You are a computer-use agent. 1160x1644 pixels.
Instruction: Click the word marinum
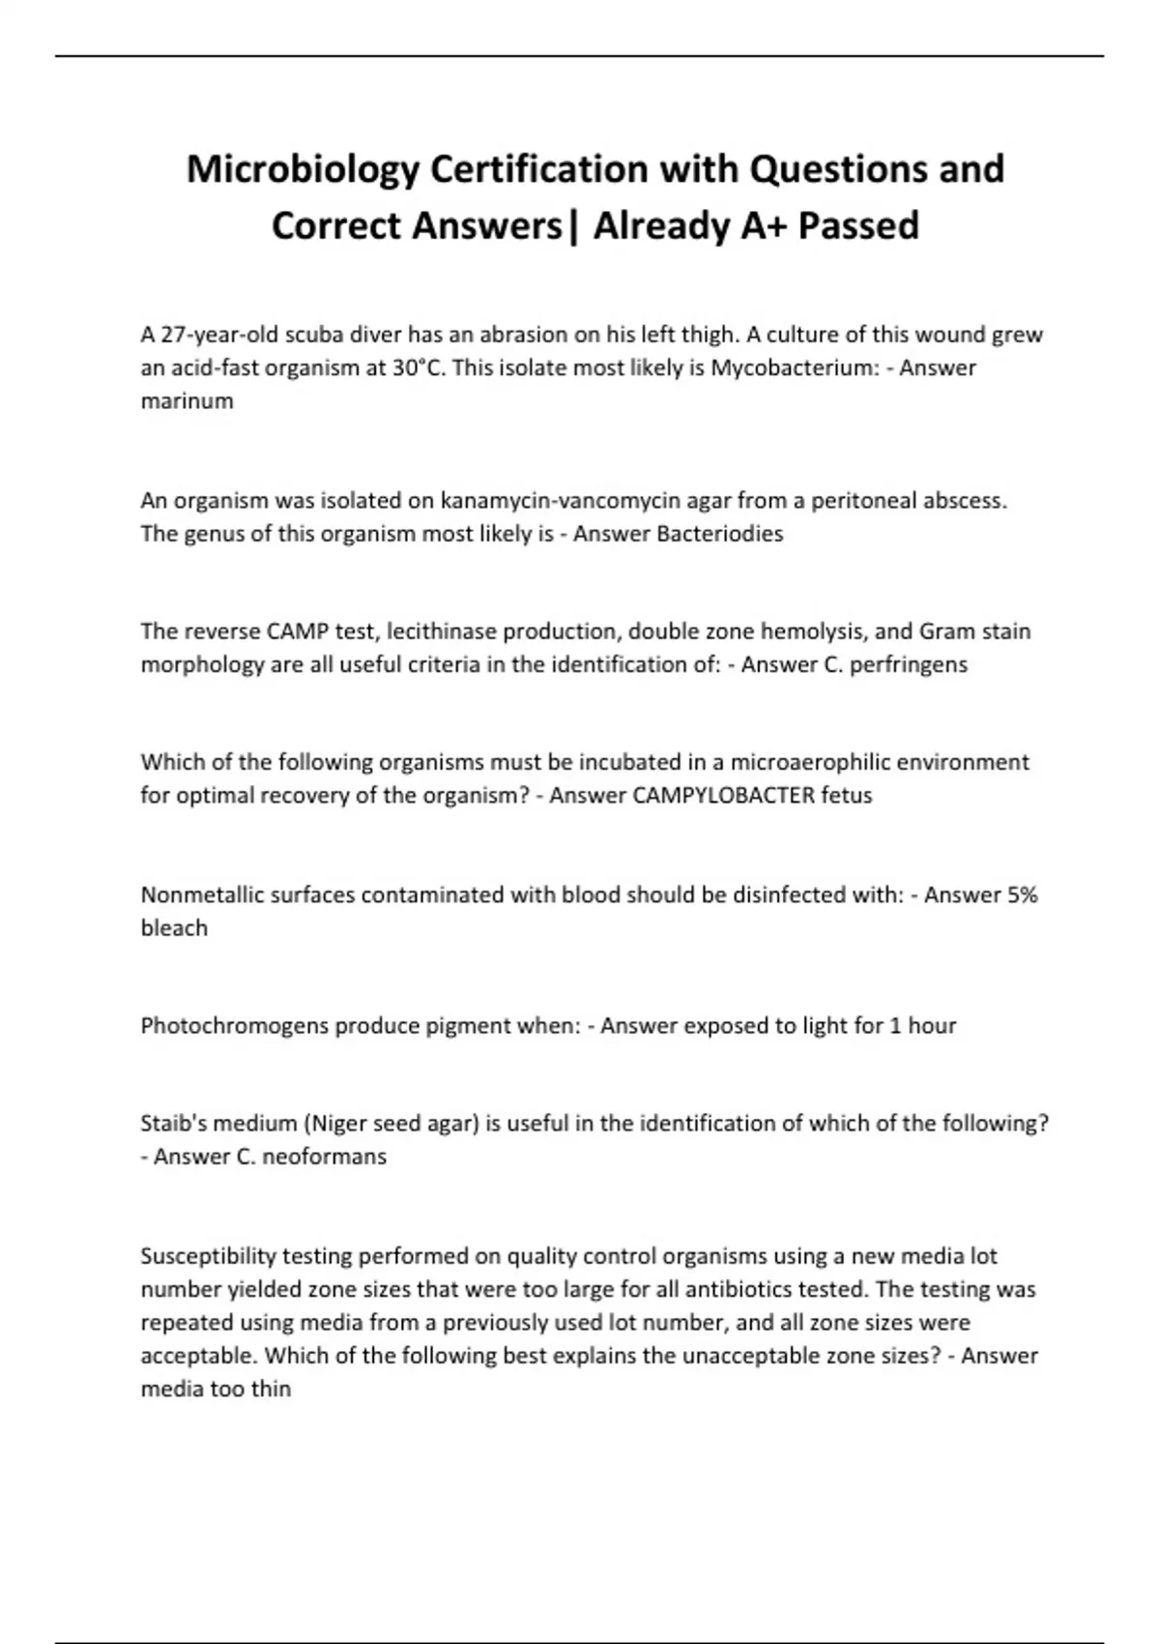pyautogui.click(x=187, y=401)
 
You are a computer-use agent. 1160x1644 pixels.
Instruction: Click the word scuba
pyautogui.click(x=313, y=336)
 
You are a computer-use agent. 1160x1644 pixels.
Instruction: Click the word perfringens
pyautogui.click(x=909, y=665)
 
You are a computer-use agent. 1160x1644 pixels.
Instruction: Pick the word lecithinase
pyautogui.click(x=449, y=631)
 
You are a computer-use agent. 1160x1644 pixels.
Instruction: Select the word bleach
pyautogui.click(x=174, y=928)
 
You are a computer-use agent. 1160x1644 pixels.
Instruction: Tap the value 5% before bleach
pyautogui.click(x=1022, y=895)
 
